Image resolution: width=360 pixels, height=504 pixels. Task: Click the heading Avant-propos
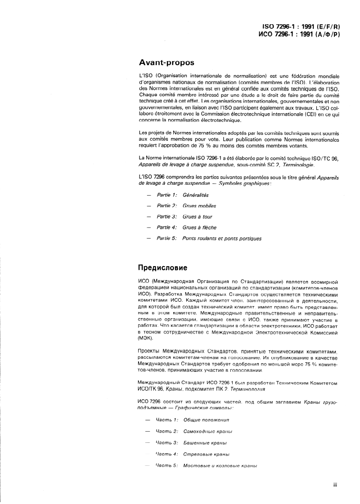coord(166,62)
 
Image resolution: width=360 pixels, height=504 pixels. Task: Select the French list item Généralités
coord(196,195)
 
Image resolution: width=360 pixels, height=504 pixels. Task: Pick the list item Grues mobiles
coord(199,206)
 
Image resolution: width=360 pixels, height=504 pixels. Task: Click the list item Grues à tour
coord(198,217)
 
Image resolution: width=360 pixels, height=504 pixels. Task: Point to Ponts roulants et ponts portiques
coord(222,238)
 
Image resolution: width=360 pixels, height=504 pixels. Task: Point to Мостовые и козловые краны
coord(220,466)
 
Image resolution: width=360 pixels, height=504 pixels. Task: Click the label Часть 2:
coord(166,431)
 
